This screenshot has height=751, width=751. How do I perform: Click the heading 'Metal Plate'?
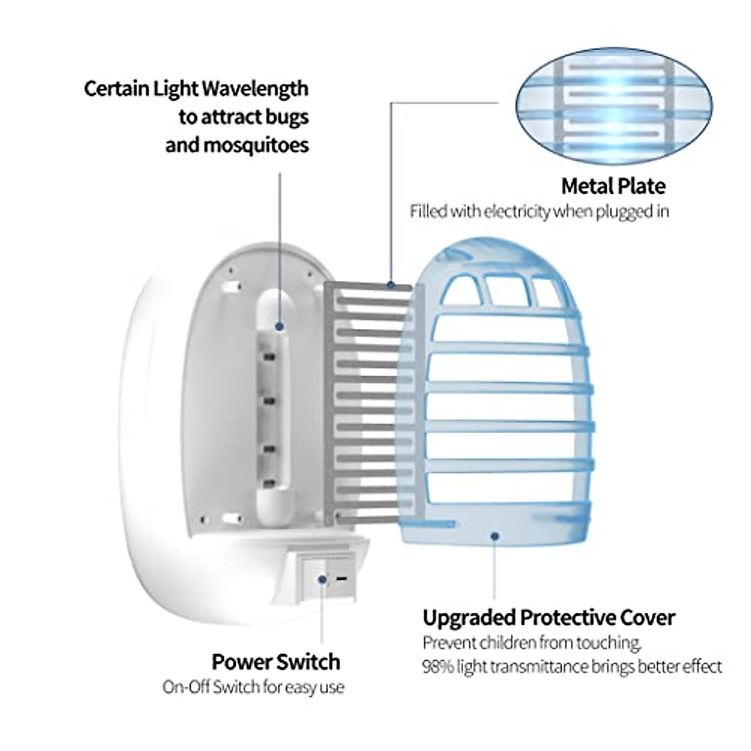pos(613,186)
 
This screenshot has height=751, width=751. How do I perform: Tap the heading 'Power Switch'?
pos(276,662)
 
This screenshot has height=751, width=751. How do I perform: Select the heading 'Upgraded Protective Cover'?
pos(549,618)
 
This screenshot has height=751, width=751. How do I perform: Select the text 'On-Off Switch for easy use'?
pos(253,687)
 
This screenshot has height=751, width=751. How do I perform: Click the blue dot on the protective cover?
pos(494,536)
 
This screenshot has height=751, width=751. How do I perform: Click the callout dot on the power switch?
pos(322,579)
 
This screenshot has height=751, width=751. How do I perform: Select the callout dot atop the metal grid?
pos(391,285)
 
